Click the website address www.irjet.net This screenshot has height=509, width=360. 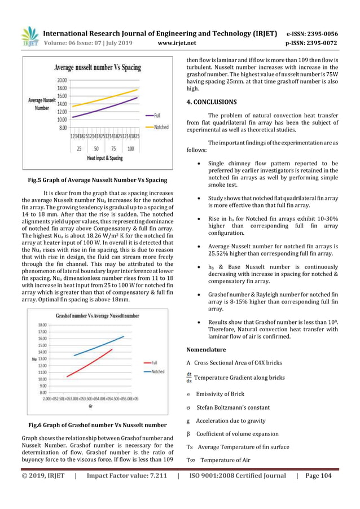(180, 42)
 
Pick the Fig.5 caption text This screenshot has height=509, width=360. (98, 181)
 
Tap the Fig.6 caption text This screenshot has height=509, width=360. (98, 425)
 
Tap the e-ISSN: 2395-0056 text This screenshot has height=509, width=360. (312, 33)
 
